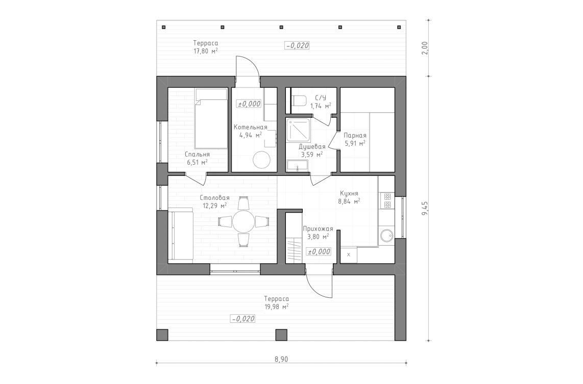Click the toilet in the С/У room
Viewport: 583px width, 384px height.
click(300, 100)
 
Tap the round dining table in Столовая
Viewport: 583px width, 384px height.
click(244, 221)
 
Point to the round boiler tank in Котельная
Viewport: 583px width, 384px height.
click(262, 160)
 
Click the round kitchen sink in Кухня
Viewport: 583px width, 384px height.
click(386, 235)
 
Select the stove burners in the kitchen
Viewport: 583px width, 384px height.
click(386, 200)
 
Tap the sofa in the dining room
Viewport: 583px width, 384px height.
click(181, 235)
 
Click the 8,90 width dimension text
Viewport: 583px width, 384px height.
click(281, 359)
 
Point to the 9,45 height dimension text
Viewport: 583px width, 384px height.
click(425, 209)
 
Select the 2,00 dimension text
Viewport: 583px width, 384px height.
click(425, 48)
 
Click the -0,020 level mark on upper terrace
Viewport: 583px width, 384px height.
click(297, 46)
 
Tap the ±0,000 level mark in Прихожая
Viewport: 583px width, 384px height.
click(319, 251)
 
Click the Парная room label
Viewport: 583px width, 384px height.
click(355, 136)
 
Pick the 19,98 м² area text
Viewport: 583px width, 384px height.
click(276, 307)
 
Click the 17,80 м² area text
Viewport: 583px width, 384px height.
click(206, 50)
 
